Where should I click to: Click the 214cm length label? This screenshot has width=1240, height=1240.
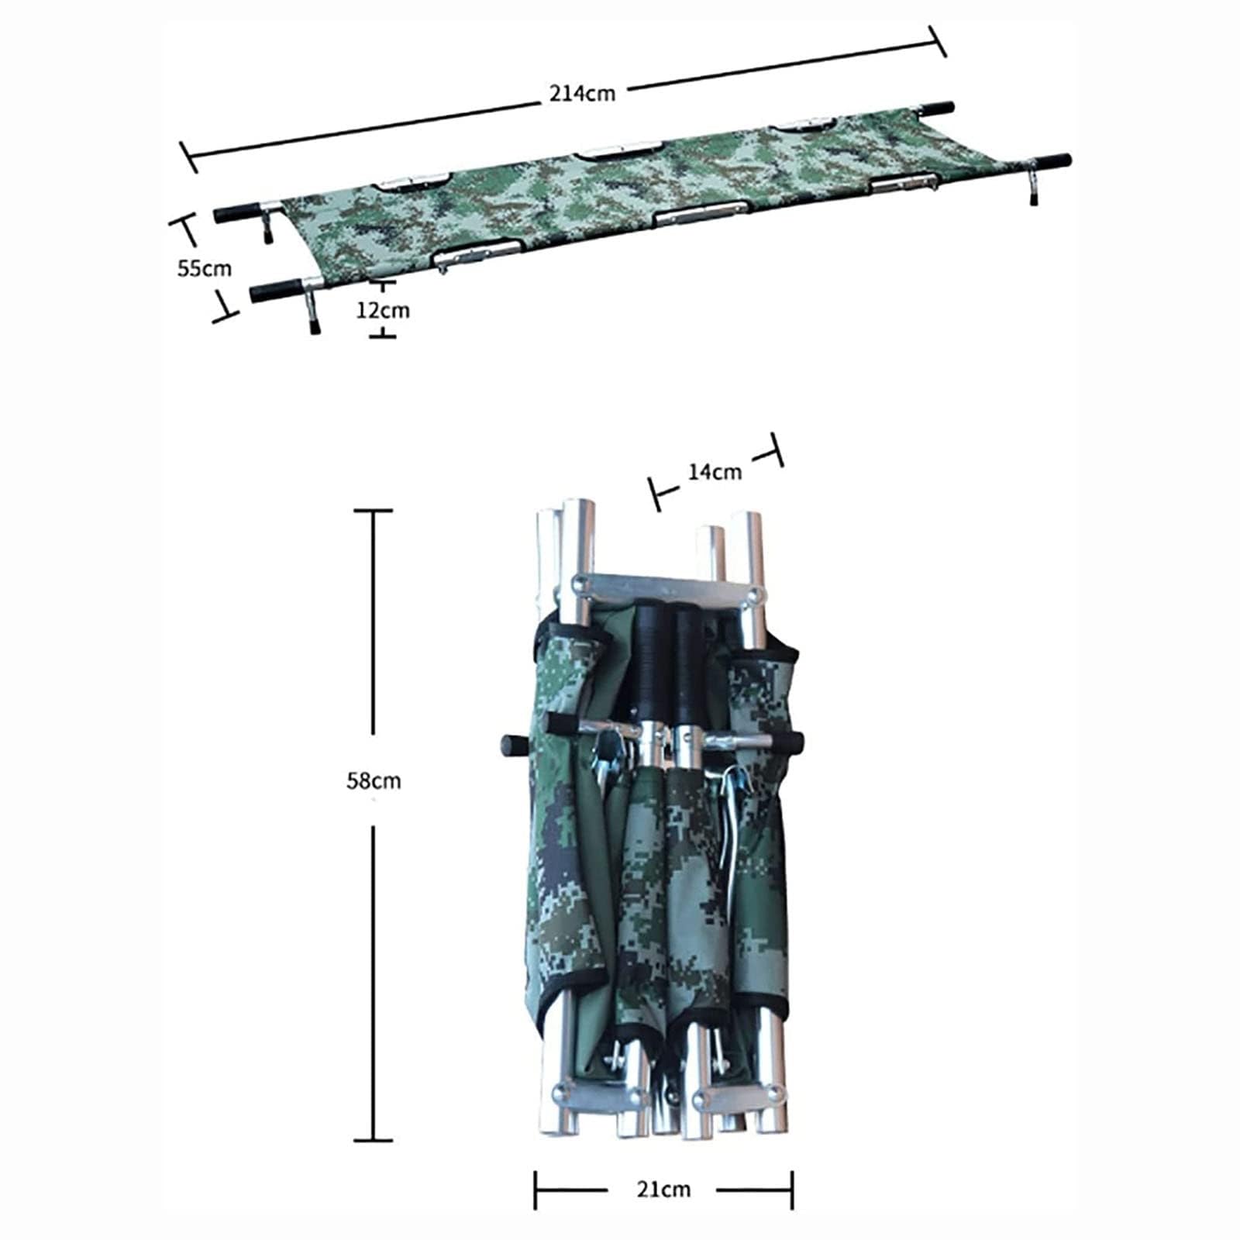coord(583,93)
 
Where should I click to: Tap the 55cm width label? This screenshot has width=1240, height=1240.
coord(205,269)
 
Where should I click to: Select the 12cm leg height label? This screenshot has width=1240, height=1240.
coord(383,310)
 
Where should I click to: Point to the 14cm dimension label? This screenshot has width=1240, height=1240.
coord(715,471)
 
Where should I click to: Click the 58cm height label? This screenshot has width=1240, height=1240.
coord(374,780)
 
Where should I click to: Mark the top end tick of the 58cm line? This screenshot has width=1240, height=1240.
coord(374,511)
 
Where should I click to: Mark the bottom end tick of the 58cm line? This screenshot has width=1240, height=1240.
coord(374,1140)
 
